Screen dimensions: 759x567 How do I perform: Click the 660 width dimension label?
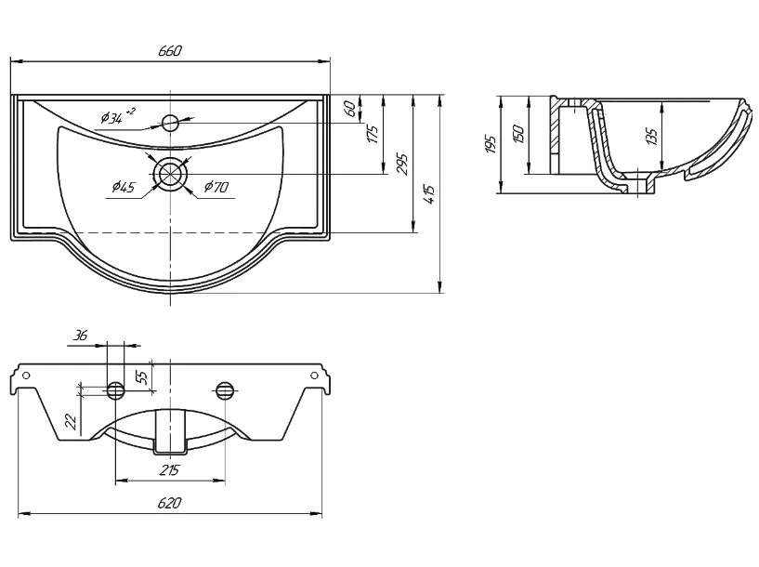(170, 51)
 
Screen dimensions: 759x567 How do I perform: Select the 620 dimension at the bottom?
(169, 503)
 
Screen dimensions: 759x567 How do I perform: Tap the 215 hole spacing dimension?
(169, 469)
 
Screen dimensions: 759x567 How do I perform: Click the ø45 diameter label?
(124, 187)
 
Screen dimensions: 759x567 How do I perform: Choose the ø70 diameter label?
(216, 187)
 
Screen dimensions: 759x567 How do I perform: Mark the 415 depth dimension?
(430, 194)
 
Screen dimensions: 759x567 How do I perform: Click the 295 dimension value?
(402, 165)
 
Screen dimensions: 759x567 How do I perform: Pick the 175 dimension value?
(373, 134)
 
